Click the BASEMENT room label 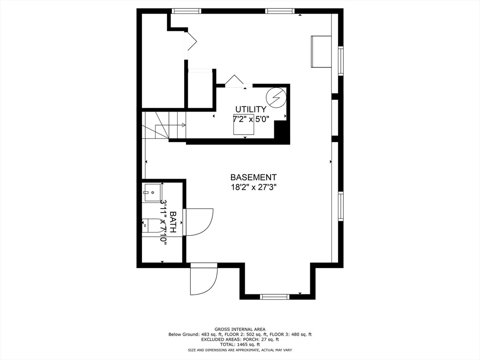tap(253, 177)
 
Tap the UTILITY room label tap(251, 109)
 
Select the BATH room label tap(172, 222)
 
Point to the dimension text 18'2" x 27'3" tap(254, 187)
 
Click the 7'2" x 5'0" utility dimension tap(251, 119)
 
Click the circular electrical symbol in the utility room tap(276, 97)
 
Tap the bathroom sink tap(153, 193)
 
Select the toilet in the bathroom tap(150, 226)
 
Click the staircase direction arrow tap(170, 125)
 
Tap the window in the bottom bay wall tap(274, 296)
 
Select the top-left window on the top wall tap(186, 11)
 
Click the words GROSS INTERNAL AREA tap(240, 330)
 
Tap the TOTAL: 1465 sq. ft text tap(240, 345)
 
